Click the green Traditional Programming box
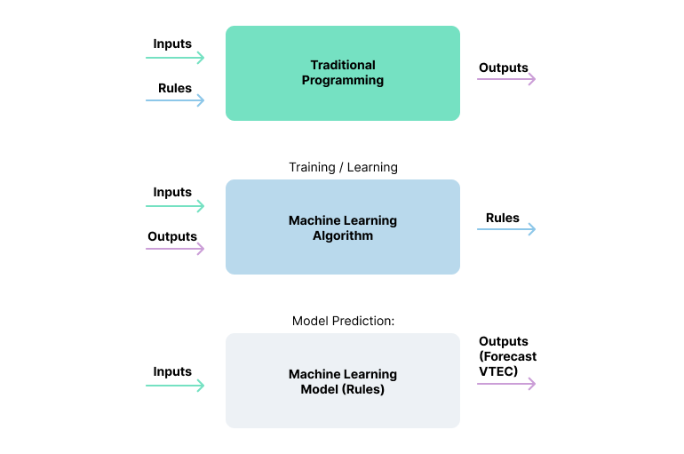[342, 73]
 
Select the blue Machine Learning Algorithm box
[342, 227]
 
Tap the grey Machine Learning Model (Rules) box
[342, 381]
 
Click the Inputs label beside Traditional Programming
[172, 44]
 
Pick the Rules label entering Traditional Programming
[175, 88]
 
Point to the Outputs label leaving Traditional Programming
[504, 68]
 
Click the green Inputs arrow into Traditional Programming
[175, 58]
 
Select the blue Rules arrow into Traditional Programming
[175, 100]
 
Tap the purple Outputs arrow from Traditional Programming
[506, 79]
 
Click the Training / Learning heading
[343, 167]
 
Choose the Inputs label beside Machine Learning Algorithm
[172, 192]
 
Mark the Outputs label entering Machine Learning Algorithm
[172, 236]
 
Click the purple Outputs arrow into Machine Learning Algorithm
[175, 249]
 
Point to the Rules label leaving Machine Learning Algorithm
[503, 218]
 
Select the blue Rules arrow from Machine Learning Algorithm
[506, 229]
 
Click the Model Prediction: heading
[343, 321]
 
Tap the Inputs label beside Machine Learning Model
[172, 371]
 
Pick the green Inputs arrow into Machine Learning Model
[175, 386]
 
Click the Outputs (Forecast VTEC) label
[507, 356]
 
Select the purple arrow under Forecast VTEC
[506, 384]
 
